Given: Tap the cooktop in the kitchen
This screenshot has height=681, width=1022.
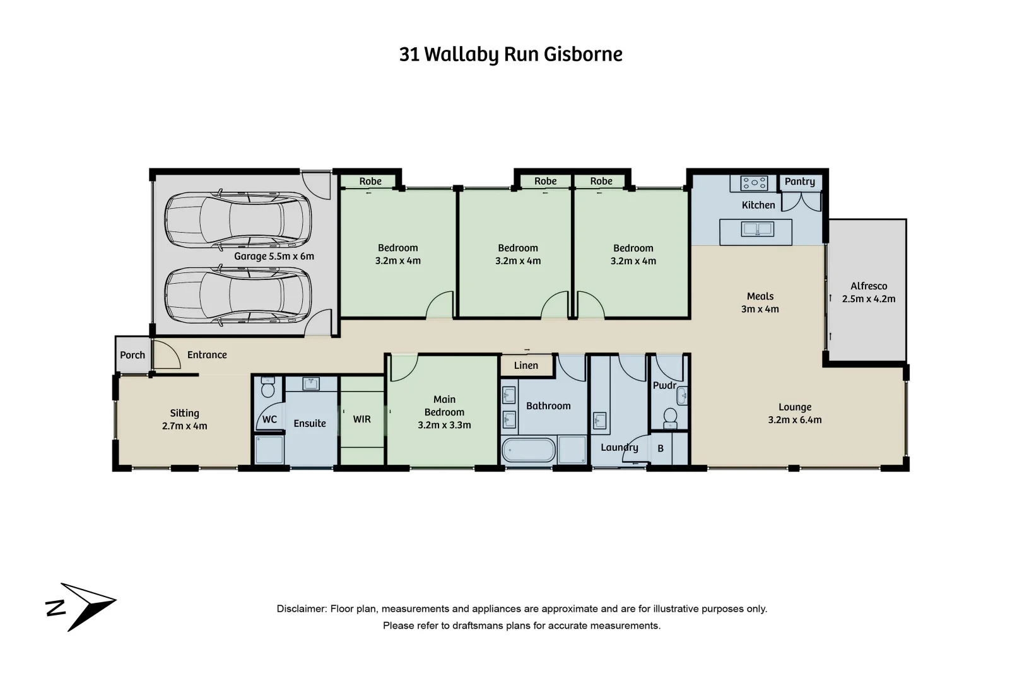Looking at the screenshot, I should tap(754, 183).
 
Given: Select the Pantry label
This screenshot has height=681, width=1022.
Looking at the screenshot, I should tap(799, 182).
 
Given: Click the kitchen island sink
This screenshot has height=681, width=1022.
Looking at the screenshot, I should tap(757, 229).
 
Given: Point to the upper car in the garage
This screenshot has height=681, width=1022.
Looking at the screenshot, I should tap(237, 220).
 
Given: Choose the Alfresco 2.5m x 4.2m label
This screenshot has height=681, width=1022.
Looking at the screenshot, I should tap(868, 293).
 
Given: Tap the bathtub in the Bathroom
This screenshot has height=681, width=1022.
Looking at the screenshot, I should tap(529, 450).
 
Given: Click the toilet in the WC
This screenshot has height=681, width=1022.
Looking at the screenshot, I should tap(268, 388).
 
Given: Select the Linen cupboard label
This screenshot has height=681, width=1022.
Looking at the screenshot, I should tap(526, 366).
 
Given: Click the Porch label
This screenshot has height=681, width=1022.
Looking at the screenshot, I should tap(132, 355).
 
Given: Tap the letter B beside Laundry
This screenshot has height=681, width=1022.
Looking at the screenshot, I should tap(661, 449).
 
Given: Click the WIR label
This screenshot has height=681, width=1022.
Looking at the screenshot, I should tap(361, 419).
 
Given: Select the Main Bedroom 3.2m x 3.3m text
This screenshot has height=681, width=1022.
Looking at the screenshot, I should tap(444, 412).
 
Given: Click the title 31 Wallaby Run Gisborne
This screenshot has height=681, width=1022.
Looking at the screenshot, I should tap(510, 54).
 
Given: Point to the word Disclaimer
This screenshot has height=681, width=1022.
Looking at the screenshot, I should tap(301, 609).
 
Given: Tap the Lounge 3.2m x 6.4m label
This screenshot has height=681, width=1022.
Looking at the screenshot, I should tap(794, 414).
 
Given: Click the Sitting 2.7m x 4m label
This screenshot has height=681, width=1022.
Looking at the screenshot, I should tap(184, 419).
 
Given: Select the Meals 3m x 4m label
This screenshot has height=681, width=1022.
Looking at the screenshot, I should tap(760, 303).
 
